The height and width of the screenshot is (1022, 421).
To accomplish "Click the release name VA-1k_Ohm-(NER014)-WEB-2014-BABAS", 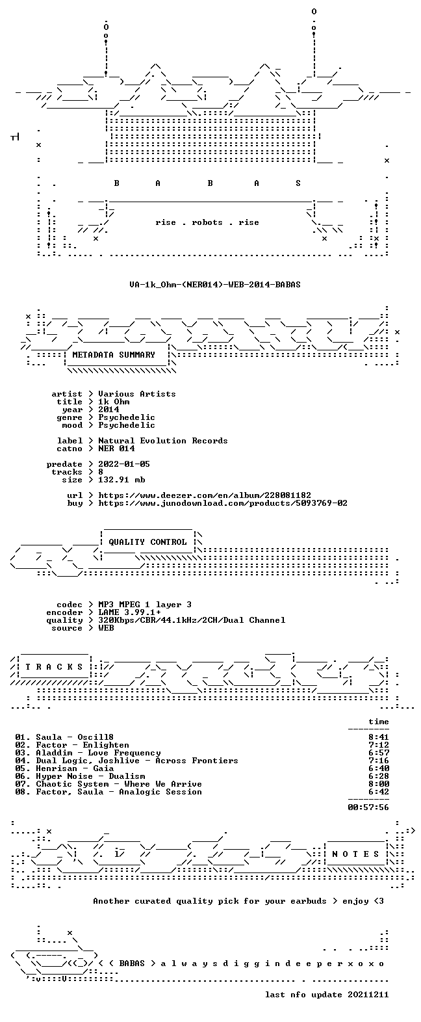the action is coord(215,285).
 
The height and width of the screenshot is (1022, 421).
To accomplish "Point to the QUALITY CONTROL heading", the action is coord(147,542).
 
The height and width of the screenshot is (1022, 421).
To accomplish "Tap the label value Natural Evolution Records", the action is coord(163,441).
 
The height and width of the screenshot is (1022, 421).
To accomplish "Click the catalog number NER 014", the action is coord(116,449).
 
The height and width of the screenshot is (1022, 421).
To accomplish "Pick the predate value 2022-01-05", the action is coord(124,464).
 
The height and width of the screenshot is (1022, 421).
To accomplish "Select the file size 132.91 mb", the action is coord(121,480).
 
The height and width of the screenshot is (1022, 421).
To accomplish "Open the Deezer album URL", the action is coord(205,495).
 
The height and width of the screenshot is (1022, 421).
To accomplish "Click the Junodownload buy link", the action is coord(223,503).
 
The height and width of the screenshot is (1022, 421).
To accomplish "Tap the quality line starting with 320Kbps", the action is coord(192,620).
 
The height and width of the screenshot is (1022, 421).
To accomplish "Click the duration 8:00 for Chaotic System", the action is coord(379,784).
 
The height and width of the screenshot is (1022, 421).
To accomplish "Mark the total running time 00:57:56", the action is coord(368,807).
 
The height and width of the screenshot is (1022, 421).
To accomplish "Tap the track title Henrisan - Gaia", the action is coord(75,768).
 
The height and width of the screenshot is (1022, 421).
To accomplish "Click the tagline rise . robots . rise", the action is coord(207,222).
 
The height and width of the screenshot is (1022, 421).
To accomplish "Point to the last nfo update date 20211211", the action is coord(368,995).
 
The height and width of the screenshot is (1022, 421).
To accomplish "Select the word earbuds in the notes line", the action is coord(309,900).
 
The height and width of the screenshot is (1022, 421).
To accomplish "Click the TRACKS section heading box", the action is coord(55,667).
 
